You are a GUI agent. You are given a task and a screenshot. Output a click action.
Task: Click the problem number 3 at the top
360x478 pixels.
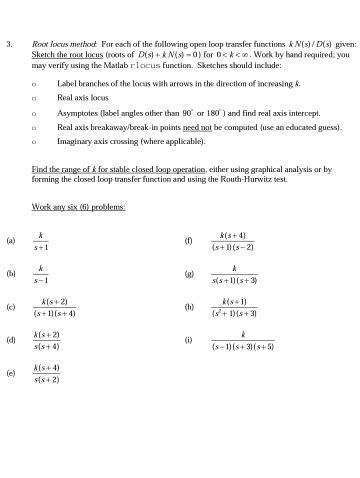[8, 45]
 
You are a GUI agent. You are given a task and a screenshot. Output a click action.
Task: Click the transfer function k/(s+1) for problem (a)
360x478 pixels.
[41, 241]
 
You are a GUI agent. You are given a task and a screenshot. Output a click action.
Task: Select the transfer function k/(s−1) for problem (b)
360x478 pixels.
[41, 274]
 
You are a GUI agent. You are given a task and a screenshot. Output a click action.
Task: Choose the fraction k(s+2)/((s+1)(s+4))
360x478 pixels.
[55, 307]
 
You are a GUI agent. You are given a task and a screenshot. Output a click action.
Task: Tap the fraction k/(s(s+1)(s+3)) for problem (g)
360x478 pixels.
[233, 274]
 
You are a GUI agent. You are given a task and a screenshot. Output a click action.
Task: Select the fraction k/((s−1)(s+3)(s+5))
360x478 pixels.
[242, 341]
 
